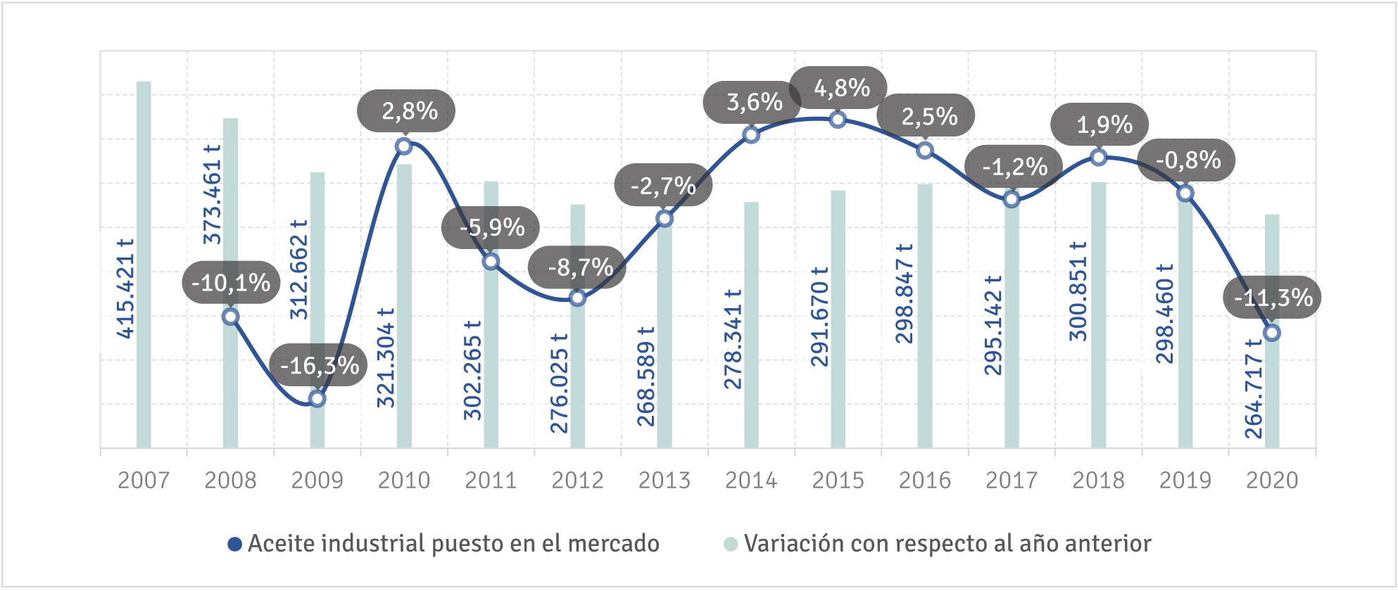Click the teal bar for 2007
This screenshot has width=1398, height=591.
pyautogui.click(x=144, y=264)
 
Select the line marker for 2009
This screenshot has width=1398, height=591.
pyautogui.click(x=317, y=399)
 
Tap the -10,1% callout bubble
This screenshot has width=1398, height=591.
pyautogui.click(x=232, y=283)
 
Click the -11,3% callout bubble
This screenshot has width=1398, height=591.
pyautogui.click(x=1273, y=298)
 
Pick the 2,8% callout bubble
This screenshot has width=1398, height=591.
pyautogui.click(x=407, y=111)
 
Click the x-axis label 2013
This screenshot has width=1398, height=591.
pyautogui.click(x=665, y=481)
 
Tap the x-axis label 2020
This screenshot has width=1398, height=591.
pyautogui.click(x=1272, y=481)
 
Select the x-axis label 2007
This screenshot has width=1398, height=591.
pyautogui.click(x=144, y=481)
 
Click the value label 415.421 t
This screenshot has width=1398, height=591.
pyautogui.click(x=125, y=288)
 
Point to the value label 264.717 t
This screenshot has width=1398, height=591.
pyautogui.click(x=1254, y=388)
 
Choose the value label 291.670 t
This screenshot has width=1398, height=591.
pyautogui.click(x=819, y=317)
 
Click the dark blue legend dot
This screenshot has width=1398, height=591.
pyautogui.click(x=235, y=544)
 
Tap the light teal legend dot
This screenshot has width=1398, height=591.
pyautogui.click(x=731, y=544)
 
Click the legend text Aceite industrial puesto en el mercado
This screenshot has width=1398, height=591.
pyautogui.click(x=454, y=544)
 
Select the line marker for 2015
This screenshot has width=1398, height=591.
pyautogui.click(x=838, y=120)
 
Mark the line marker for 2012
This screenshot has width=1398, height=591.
pyautogui.click(x=577, y=298)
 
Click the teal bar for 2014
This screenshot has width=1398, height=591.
pyautogui.click(x=751, y=325)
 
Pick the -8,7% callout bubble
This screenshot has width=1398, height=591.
pyautogui.click(x=577, y=267)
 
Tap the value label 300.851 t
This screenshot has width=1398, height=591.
pyautogui.click(x=1078, y=291)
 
